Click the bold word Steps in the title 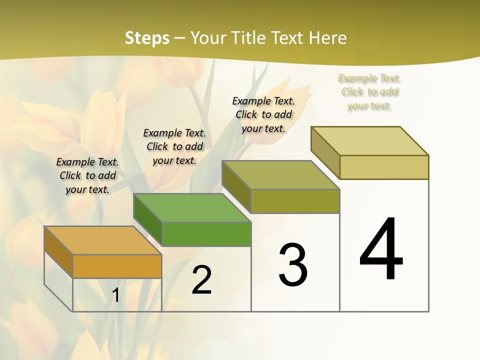coord(147,38)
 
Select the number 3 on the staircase coord(292,265)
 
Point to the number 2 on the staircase coord(201,280)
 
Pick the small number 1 coord(115,295)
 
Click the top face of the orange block coord(102,240)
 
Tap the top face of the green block coord(192,208)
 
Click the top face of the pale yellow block coord(370,141)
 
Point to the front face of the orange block coord(117,266)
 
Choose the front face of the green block coord(206,234)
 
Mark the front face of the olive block coord(295,201)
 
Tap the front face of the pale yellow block coord(384,167)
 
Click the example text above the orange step coord(87,175)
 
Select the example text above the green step coord(174,146)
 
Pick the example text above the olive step coord(263,114)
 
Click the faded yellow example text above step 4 coord(369,91)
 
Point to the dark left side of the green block coord(148,219)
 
